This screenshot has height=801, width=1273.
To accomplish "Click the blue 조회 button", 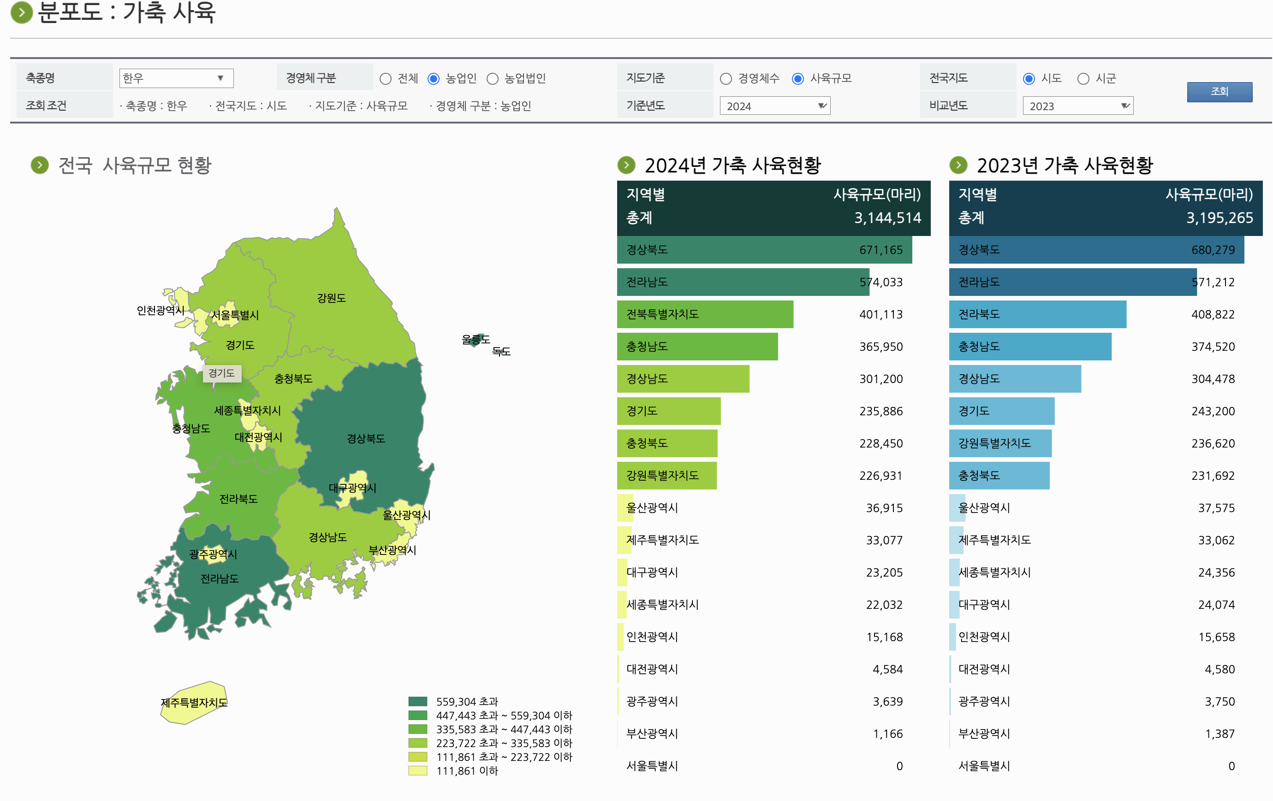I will [1219, 91].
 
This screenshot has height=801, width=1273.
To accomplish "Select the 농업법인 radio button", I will [492, 79].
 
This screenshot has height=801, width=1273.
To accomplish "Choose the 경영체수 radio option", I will [726, 79].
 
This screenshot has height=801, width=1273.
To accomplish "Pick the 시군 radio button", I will [1083, 79].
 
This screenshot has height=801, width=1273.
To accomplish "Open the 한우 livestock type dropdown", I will [176, 78].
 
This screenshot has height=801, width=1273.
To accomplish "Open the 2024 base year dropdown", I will [774, 106].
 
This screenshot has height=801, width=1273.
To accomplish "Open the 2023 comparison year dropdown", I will [1077, 106].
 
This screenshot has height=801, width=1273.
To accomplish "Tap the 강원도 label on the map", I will [332, 298].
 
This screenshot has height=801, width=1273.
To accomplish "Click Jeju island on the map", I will [194, 702].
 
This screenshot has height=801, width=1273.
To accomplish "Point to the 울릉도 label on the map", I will [475, 339].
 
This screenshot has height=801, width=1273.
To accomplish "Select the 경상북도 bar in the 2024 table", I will [764, 249].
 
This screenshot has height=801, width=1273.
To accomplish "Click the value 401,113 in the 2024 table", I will [881, 314].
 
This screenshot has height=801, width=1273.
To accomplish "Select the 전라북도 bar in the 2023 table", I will [1037, 314].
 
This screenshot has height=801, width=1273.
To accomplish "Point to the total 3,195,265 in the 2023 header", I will [1219, 218].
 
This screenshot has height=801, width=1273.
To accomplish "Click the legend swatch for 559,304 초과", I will [417, 701].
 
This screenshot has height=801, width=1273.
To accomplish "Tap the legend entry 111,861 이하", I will [467, 771].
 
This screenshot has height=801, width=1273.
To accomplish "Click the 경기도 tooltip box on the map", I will [221, 373].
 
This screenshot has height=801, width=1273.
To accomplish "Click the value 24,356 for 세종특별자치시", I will [1216, 572].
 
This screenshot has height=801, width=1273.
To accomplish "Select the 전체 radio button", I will [386, 79].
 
